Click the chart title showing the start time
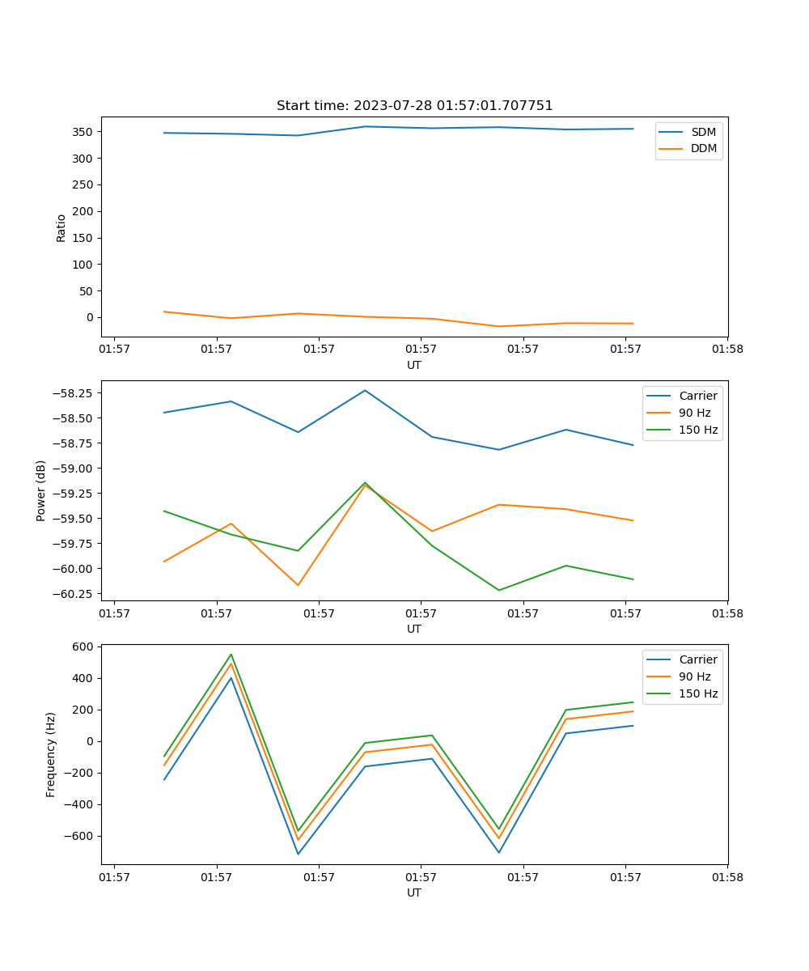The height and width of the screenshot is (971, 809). click(414, 106)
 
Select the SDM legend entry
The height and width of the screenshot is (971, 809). click(703, 132)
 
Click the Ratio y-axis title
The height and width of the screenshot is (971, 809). click(61, 228)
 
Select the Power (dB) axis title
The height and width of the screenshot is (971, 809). click(41, 490)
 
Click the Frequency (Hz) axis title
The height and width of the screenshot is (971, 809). click(51, 754)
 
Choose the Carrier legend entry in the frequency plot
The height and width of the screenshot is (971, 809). click(697, 659)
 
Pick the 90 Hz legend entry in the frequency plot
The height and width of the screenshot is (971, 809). click(694, 676)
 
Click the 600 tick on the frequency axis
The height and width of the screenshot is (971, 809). click(83, 647)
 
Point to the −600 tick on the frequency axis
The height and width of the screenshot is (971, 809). click(80, 837)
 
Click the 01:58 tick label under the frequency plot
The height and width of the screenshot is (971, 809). click(726, 876)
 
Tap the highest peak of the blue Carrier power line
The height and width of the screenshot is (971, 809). click(365, 390)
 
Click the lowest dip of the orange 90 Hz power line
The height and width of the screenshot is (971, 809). click(298, 585)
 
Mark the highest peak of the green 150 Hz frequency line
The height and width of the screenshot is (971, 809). click(231, 655)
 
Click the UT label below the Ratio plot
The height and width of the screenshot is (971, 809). click(414, 365)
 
